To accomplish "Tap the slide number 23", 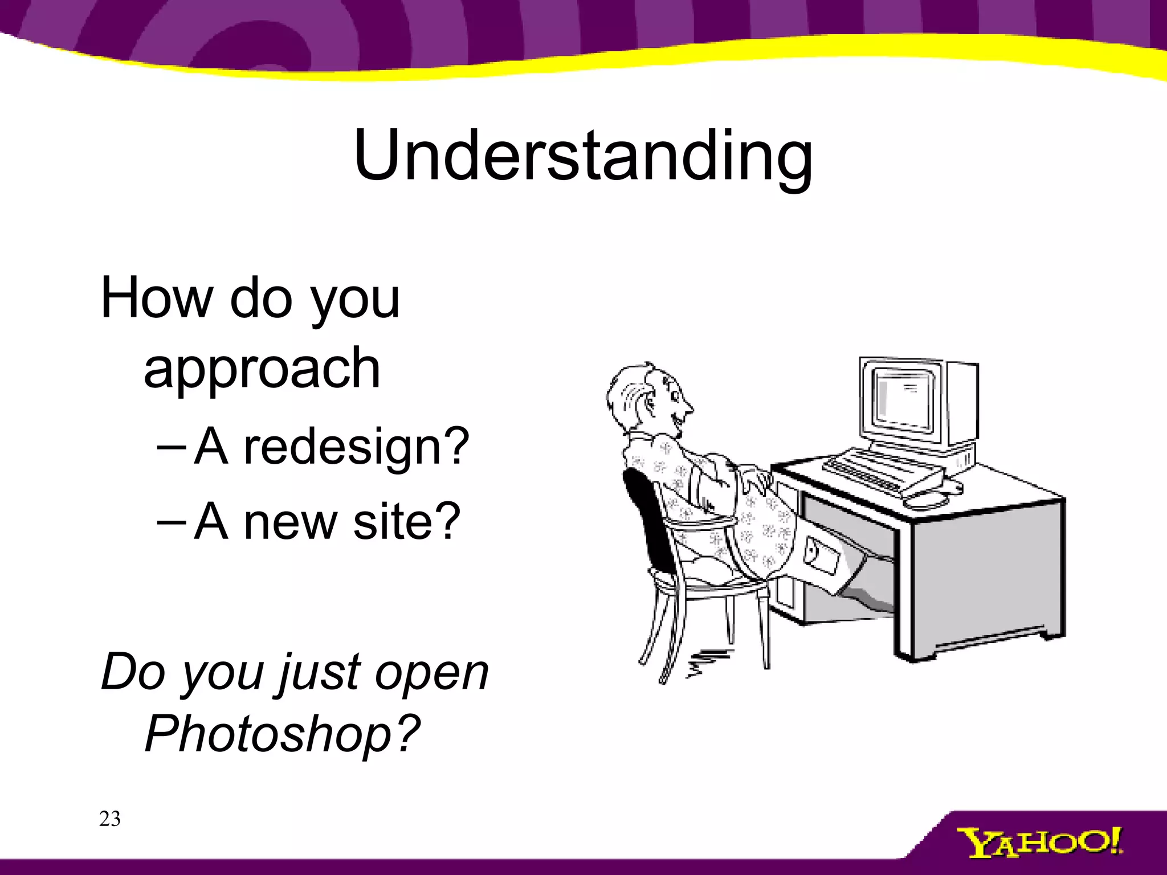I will point(109,819).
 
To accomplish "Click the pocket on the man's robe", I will point(821,555).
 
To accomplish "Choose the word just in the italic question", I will point(320,673).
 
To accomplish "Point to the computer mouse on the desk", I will point(924,501).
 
